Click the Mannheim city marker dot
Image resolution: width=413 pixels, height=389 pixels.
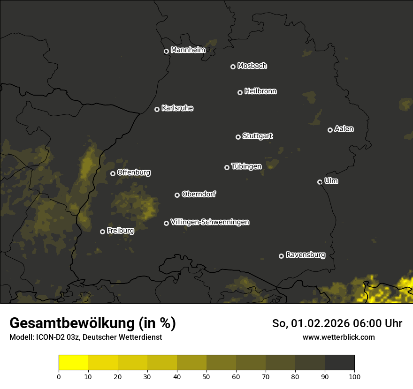(166, 52)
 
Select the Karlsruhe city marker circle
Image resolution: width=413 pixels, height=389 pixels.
(157, 110)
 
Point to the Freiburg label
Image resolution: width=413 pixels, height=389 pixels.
(120, 231)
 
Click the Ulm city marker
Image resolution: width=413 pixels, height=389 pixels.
(320, 182)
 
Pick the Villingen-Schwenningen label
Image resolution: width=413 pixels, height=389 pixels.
(210, 222)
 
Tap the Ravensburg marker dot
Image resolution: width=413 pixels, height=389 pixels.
(281, 256)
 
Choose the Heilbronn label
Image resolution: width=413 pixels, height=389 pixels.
(260, 91)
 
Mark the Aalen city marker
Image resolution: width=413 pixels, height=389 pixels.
(330, 130)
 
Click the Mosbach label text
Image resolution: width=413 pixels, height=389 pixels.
(252, 66)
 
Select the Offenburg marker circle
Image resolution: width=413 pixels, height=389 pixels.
(113, 173)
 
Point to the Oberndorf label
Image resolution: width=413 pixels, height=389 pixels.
(199, 194)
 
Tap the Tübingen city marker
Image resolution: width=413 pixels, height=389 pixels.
(227, 167)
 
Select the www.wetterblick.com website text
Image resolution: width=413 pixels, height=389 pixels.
(338, 337)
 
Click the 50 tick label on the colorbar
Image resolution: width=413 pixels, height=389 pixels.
(206, 376)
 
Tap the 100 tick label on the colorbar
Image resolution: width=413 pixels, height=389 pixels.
(354, 376)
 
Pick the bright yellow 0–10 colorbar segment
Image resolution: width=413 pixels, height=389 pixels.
(73, 363)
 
